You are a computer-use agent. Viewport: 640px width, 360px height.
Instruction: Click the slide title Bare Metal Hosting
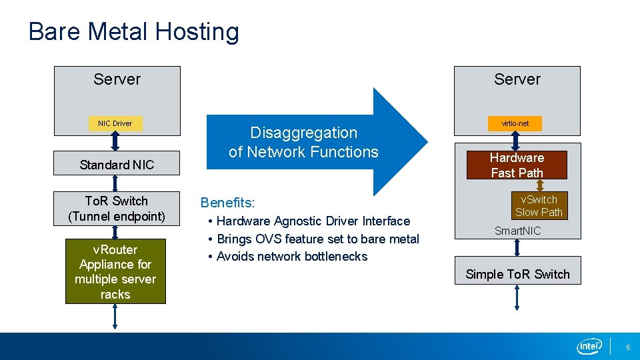[x=133, y=31]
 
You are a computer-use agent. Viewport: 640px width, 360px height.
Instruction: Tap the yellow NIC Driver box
[x=115, y=123]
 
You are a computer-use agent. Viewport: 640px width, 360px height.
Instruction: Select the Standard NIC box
[x=117, y=165]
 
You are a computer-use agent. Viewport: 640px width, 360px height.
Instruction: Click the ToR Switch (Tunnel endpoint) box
[x=117, y=208]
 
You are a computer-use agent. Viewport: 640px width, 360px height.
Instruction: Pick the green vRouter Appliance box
[x=115, y=271]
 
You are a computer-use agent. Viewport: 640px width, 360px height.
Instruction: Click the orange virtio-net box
[x=515, y=123]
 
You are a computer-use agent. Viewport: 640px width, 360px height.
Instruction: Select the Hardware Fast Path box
[x=517, y=165]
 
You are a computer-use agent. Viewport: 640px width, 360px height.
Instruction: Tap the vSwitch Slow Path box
[x=539, y=206]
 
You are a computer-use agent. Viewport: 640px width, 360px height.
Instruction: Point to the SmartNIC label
[x=517, y=231]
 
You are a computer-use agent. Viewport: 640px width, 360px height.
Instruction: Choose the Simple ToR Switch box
[x=517, y=274]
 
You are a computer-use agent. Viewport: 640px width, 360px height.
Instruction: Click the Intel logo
[x=589, y=346]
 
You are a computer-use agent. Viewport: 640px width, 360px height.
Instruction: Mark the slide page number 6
[x=627, y=347]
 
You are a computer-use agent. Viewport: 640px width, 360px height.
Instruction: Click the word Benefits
[x=227, y=202]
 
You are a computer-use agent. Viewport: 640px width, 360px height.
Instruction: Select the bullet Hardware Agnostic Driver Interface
[x=313, y=221]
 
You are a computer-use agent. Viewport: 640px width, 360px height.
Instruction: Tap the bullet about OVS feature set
[x=317, y=239]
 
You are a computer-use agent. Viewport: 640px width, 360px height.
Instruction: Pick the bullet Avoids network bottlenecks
[x=292, y=257]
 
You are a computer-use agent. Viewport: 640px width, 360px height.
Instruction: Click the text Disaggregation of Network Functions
[x=303, y=142]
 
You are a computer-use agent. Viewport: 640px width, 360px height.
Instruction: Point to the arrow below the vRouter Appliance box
[x=115, y=317]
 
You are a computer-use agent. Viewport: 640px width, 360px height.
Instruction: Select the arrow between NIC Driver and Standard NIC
[x=115, y=141]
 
